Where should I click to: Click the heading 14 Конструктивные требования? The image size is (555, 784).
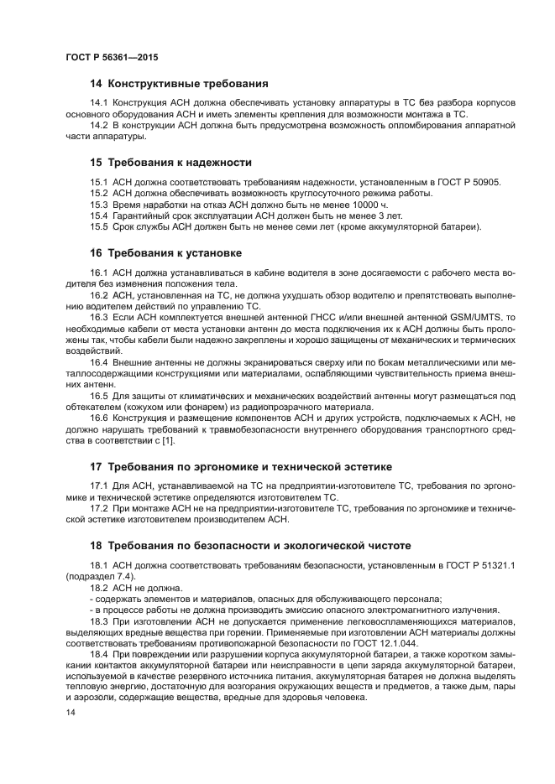click(x=178, y=84)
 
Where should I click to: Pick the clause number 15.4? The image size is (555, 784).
click(x=99, y=215)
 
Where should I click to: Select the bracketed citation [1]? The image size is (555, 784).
click(x=166, y=441)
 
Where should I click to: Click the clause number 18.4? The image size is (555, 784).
click(x=99, y=655)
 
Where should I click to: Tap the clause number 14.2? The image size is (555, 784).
click(x=99, y=125)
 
